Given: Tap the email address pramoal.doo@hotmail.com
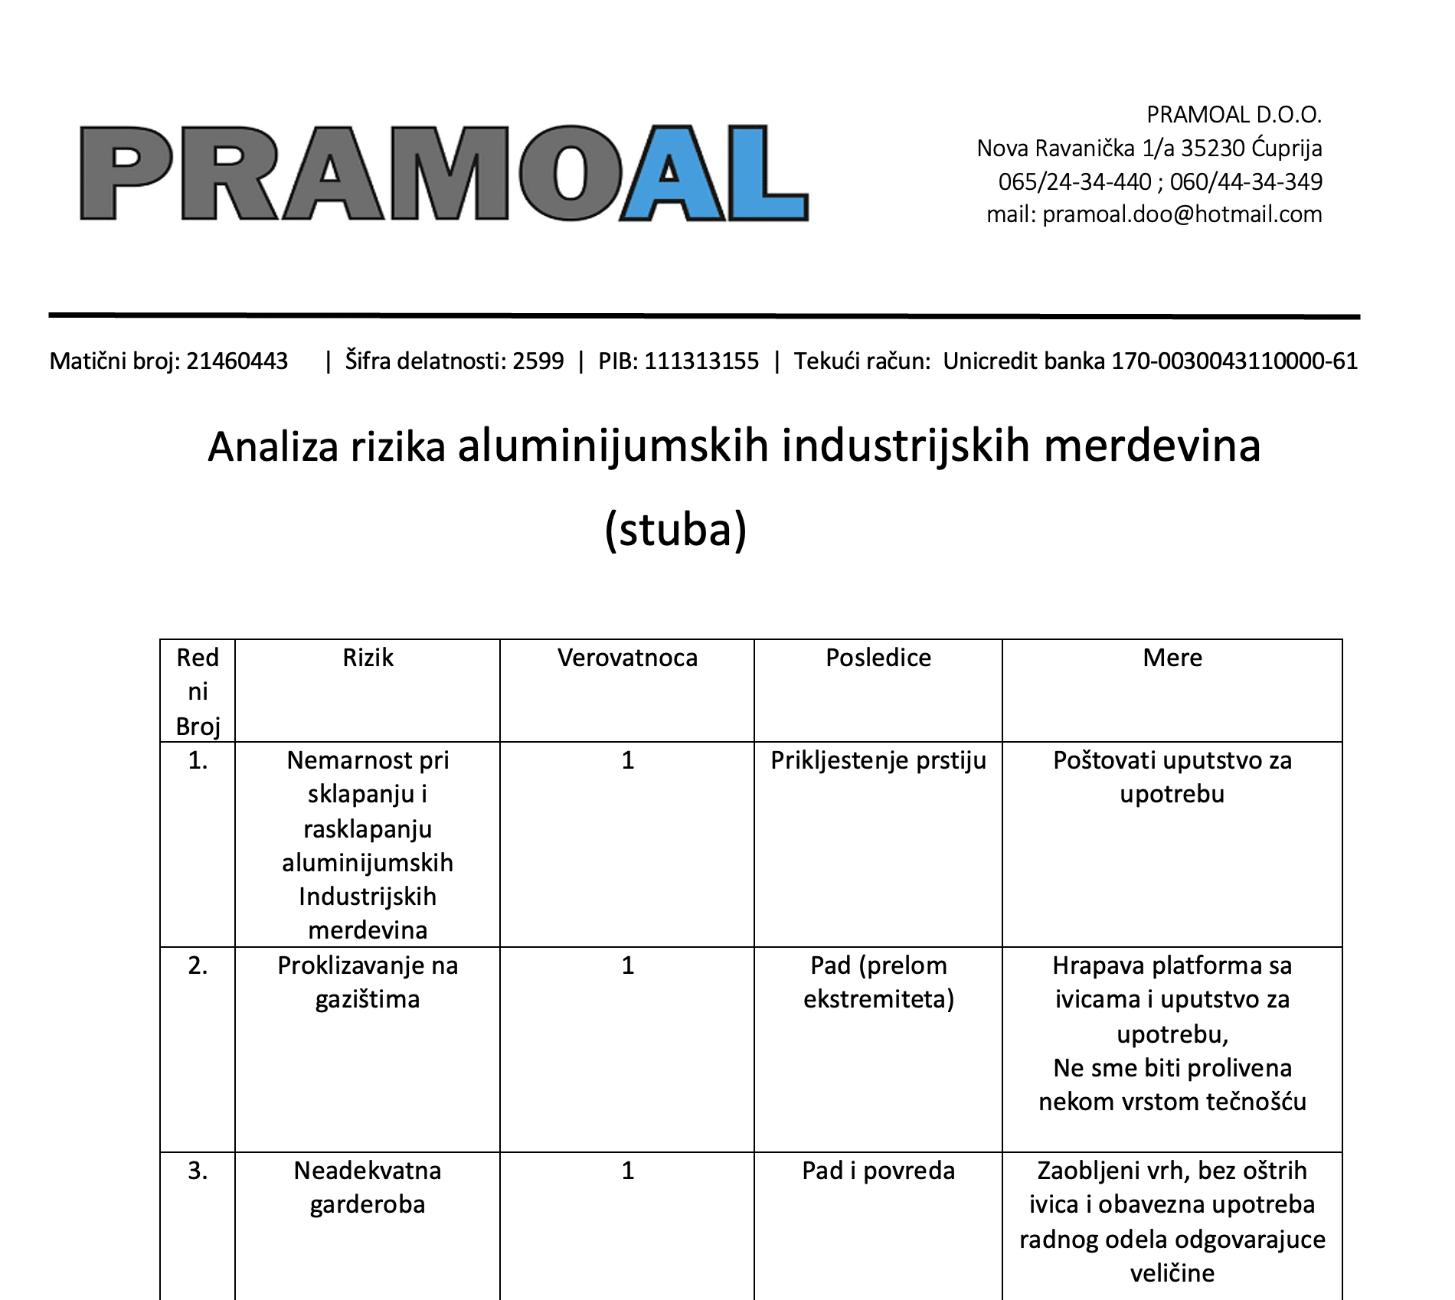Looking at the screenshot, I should coord(1182,214).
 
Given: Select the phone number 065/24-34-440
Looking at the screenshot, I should coord(1074,181).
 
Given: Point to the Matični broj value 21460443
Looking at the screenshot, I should coord(237,361).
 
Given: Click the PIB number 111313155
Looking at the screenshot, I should coord(701,361).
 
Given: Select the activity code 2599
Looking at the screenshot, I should coord(538,361).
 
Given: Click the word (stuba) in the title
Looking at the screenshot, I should coord(675,529).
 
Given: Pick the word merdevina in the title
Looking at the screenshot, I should coord(1152,446).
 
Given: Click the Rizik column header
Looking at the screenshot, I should coord(368,658).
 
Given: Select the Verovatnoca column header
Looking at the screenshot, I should coord(627,658).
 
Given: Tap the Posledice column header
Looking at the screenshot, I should coord(878,658).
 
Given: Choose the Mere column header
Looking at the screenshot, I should coord(1172,658).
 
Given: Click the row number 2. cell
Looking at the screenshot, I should coord(198,965).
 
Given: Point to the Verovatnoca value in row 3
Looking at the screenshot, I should coord(627,1171).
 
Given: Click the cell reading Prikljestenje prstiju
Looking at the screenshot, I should coord(878,760).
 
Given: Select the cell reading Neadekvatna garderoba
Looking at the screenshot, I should coord(368,1187).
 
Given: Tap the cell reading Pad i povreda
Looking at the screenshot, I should coord(878,1171).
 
